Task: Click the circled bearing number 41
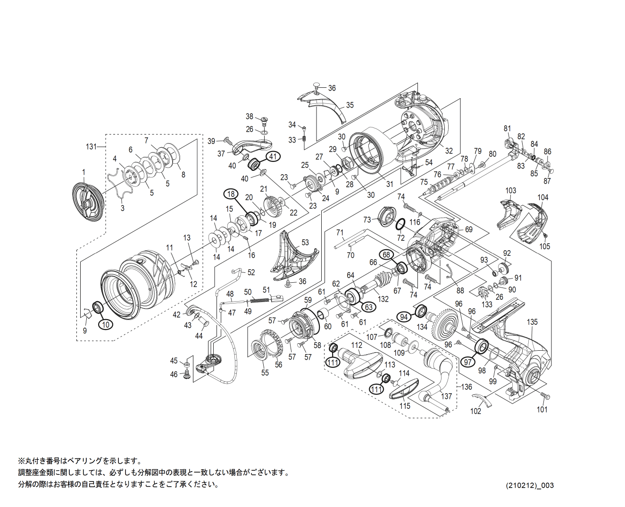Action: (274, 156)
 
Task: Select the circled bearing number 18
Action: (231, 194)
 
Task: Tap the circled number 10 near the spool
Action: (106, 324)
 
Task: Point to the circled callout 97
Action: (468, 362)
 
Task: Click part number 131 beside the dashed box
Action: (92, 147)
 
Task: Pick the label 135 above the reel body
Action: (532, 322)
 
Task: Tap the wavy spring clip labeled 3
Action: (118, 186)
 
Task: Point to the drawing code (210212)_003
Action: (530, 485)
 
